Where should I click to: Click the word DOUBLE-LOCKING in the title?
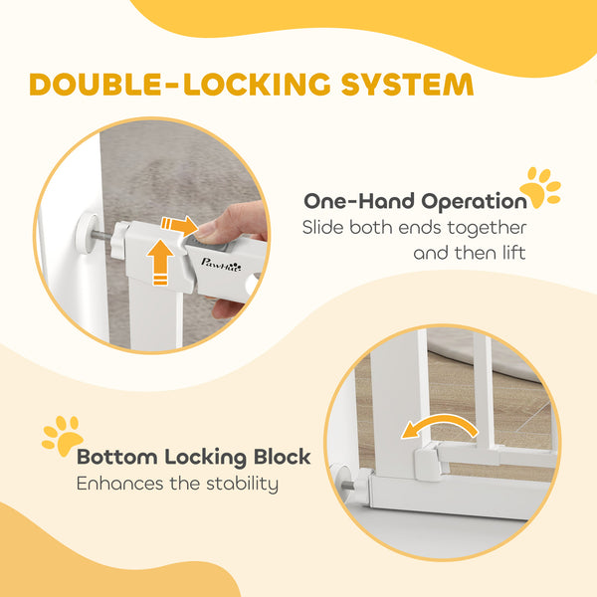(180, 85)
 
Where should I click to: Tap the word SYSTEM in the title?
(407, 85)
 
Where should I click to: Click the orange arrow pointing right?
(179, 225)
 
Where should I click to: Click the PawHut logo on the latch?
(221, 265)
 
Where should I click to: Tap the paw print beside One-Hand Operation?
(540, 188)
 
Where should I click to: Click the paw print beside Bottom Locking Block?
(63, 436)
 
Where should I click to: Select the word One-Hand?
(359, 201)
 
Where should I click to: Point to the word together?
(487, 228)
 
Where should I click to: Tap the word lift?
(514, 253)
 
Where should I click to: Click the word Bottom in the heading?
(117, 457)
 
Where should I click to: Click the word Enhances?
(120, 484)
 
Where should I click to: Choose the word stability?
(242, 485)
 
